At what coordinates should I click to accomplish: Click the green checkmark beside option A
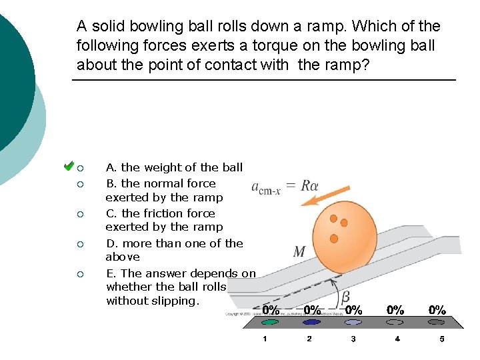pos(68,165)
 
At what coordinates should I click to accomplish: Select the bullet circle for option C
pos(79,214)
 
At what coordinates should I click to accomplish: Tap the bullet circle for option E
pos(79,274)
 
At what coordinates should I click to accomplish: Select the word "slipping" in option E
pos(174,301)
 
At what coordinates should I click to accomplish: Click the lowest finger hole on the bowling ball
pos(333,238)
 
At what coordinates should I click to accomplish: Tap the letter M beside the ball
pos(299,252)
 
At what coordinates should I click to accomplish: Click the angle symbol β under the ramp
pos(346,296)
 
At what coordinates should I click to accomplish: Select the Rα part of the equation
pos(309,185)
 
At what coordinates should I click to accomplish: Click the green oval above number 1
pos(269,322)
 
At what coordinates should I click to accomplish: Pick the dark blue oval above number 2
pos(311,322)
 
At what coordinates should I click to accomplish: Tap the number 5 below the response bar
pos(441,339)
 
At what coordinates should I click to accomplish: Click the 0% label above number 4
pos(395,310)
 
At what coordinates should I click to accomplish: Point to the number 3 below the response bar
pos(353,339)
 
